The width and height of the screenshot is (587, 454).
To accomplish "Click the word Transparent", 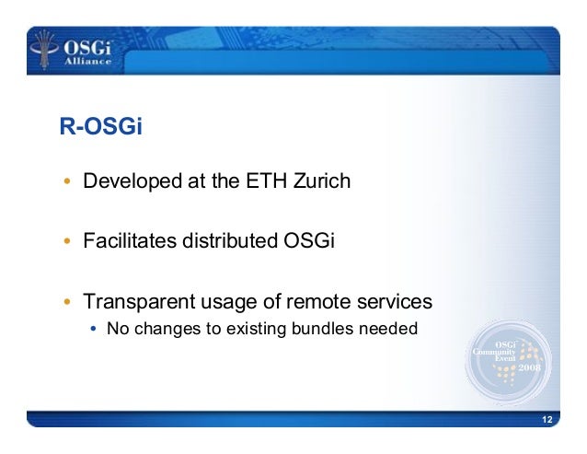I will coord(136,302).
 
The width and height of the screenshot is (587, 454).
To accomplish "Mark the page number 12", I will coord(547,420).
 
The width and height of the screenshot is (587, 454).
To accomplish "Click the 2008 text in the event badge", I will coord(531,367).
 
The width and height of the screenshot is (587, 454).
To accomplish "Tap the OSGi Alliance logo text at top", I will coord(86,52).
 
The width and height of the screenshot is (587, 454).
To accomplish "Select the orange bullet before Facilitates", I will coord(67,243).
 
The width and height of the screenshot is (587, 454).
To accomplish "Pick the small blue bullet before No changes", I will coord(95,328).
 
